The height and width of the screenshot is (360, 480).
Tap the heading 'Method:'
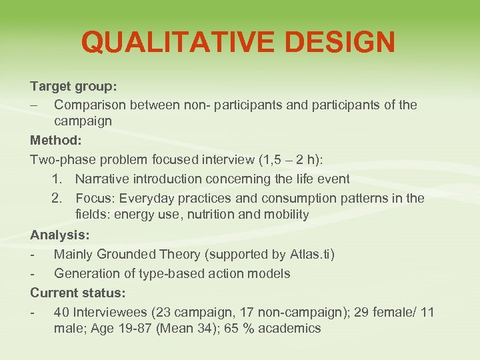(x=57, y=141)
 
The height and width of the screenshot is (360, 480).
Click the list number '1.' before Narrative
(x=57, y=179)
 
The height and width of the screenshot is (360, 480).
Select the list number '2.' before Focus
(x=57, y=198)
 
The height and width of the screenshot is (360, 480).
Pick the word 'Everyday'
(x=154, y=198)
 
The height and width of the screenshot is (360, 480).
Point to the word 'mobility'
(x=285, y=215)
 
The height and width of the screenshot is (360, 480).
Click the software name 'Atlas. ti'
(x=310, y=254)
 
